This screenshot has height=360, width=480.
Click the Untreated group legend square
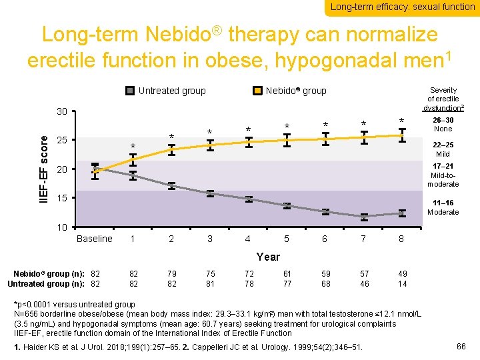(130, 91)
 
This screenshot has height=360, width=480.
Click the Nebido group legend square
(257, 91)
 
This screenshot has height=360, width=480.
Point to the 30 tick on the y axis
(61, 111)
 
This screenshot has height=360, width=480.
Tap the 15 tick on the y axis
(61, 199)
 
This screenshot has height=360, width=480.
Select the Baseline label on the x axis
(95, 239)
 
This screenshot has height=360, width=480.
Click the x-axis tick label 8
(401, 239)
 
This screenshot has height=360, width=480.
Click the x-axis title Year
(268, 257)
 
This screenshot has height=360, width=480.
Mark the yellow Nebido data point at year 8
(402, 136)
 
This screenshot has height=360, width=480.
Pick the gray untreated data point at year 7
(364, 217)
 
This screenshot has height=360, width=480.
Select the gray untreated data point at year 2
(171, 185)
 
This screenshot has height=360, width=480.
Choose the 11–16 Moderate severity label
(443, 207)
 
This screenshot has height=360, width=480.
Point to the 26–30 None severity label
(443, 124)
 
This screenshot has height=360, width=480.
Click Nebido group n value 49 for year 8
(401, 273)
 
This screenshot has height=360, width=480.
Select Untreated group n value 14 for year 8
(401, 284)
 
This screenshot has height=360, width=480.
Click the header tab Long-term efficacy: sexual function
(402, 7)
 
